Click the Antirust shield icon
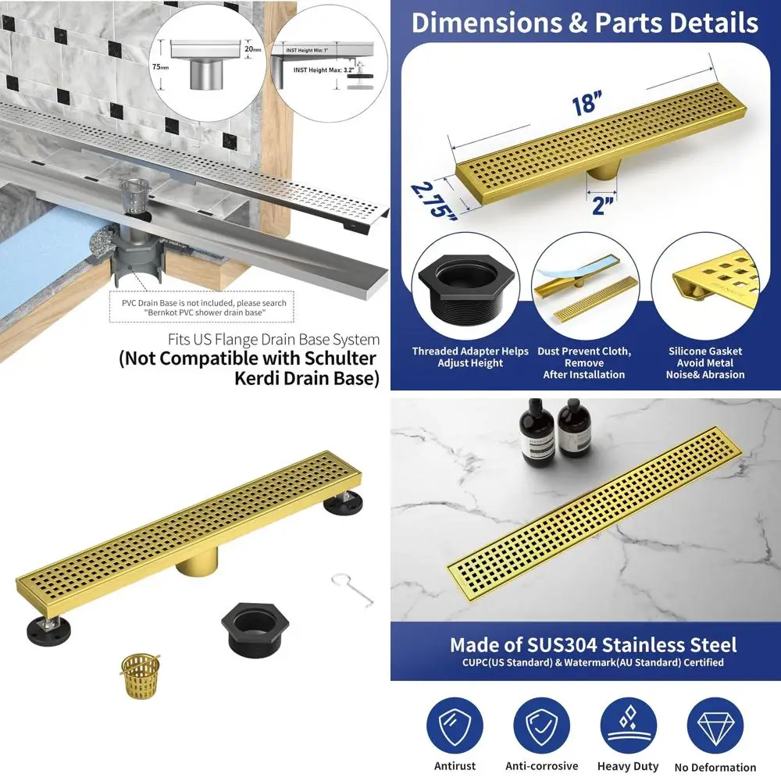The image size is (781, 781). (x=455, y=726)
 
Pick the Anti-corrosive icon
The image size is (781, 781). (x=541, y=726)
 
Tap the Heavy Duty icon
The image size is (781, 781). (x=628, y=726)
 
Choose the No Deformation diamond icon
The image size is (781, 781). (x=715, y=726)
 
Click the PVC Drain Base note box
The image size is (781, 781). (x=202, y=308)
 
